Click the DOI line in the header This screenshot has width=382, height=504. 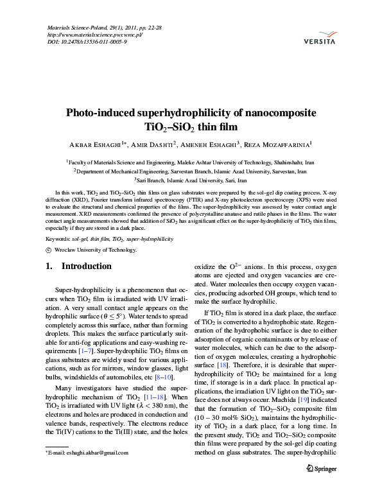click(x=87, y=42)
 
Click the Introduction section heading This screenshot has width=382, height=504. click(x=87, y=266)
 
